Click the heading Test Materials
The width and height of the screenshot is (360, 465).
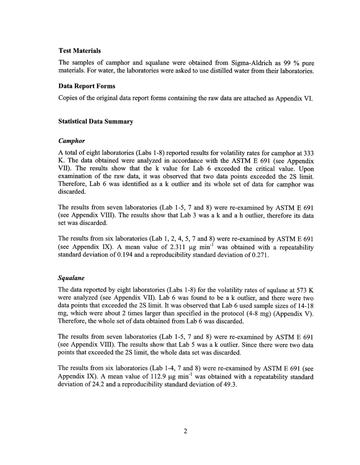pyautogui.click(x=80, y=51)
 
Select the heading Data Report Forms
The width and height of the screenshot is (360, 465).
pyautogui.click(x=87, y=86)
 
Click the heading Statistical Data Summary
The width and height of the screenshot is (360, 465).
pyautogui.click(x=95, y=122)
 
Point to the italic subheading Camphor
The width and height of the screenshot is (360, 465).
pyautogui.click(x=71, y=141)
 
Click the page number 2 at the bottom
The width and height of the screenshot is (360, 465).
pyautogui.click(x=185, y=431)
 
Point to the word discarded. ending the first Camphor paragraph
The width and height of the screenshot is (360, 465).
pyautogui.click(x=72, y=192)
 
